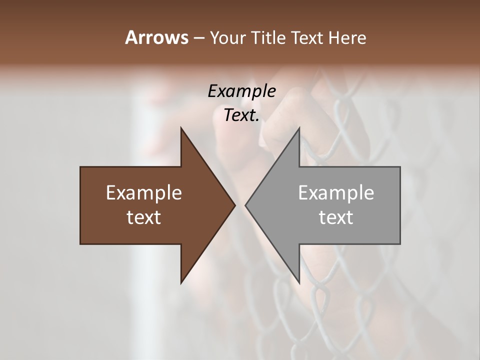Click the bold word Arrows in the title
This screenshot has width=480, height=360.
tap(156, 37)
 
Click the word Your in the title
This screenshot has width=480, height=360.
tap(227, 37)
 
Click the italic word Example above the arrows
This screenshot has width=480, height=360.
tap(241, 91)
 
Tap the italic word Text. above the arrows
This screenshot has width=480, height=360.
tap(241, 115)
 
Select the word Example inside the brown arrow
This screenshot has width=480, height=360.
tap(144, 192)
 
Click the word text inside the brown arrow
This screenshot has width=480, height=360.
tap(144, 217)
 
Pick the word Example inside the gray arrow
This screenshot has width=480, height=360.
tap(336, 192)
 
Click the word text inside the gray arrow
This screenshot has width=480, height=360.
tap(336, 217)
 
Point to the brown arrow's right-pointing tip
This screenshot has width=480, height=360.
tap(234, 205)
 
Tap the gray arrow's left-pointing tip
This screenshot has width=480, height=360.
tap(246, 205)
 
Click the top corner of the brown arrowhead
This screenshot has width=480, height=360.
tap(181, 129)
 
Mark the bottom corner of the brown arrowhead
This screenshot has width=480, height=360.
tap(181, 282)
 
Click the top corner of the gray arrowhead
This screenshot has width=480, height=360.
tap(299, 129)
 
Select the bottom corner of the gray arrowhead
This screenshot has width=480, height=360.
tap(299, 282)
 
